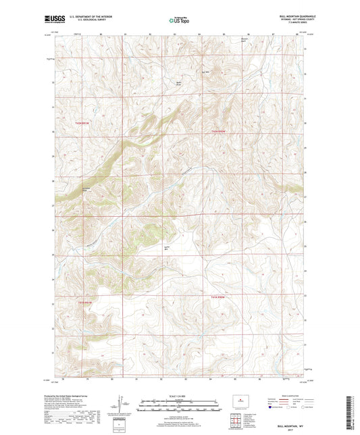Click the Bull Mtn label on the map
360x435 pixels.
[207, 72]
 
